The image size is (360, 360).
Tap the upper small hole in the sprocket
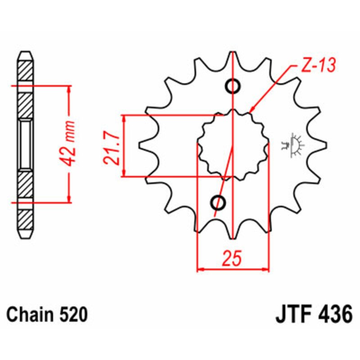233,86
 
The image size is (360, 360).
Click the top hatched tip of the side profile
25,67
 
